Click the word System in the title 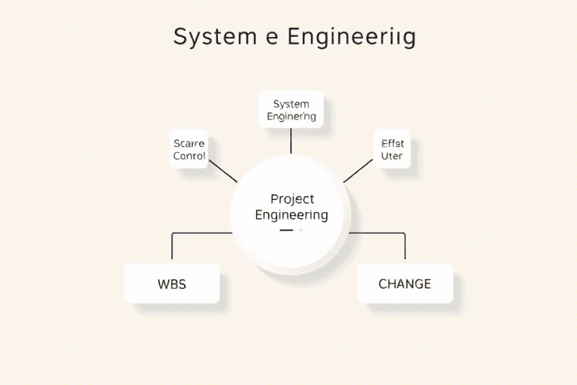204,37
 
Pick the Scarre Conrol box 189,150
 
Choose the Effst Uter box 392,150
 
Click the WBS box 172,283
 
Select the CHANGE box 405,283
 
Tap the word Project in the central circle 292,199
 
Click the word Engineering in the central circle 292,215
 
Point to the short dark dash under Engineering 285,230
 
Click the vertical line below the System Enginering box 291,141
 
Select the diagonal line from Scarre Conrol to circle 223,171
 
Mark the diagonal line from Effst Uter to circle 358,171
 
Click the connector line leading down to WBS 172,247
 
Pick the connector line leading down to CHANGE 405,247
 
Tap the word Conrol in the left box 189,156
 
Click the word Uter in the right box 392,156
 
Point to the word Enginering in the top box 291,117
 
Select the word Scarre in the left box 189,143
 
